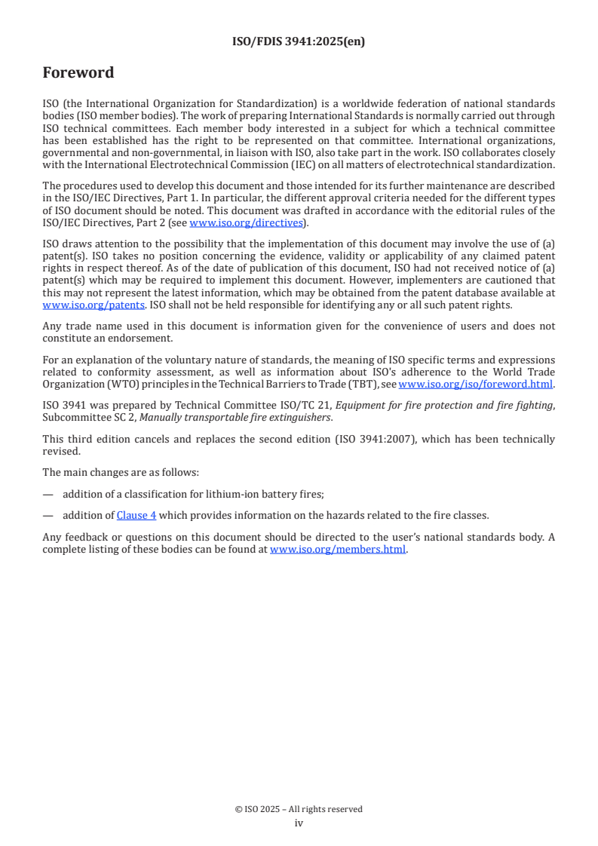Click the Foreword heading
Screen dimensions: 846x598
click(78, 73)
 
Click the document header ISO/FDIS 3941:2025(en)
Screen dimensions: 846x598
click(299, 42)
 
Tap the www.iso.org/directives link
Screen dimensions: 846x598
click(246, 222)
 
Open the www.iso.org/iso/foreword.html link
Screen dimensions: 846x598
click(476, 384)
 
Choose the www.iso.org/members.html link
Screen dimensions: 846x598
click(338, 550)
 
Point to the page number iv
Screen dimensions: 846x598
click(299, 823)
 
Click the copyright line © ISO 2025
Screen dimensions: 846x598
click(299, 809)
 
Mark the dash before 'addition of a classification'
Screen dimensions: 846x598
click(48, 494)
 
